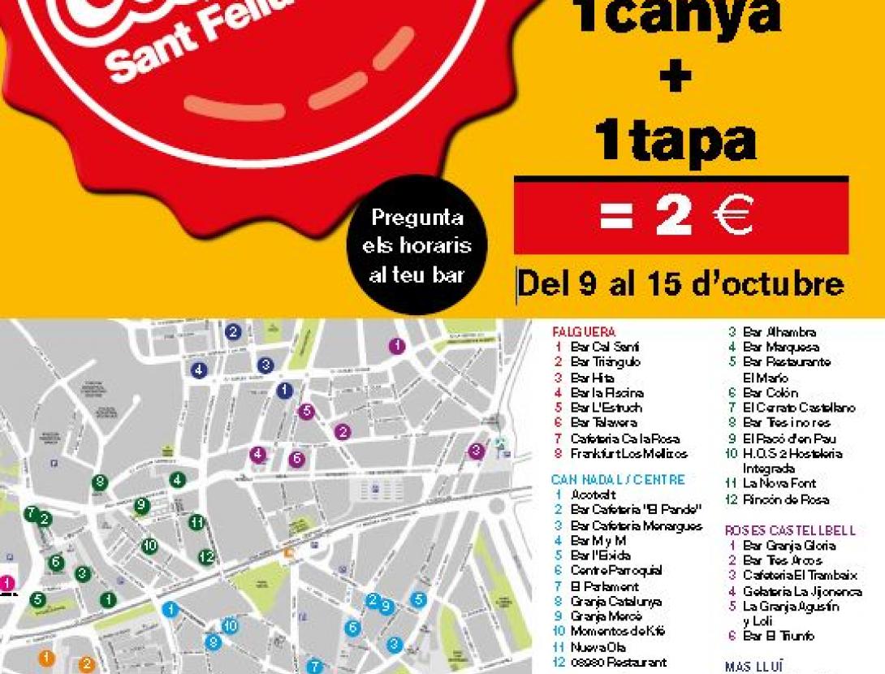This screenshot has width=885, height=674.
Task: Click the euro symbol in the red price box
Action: [x=734, y=215]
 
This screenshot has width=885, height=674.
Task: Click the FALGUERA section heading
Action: [x=584, y=332]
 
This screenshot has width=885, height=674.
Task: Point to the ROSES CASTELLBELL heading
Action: [x=790, y=531]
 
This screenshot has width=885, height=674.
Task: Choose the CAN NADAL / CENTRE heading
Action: [x=618, y=480]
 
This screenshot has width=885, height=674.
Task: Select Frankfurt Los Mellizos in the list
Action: [x=628, y=454]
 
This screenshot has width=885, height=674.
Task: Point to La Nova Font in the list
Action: [x=779, y=484]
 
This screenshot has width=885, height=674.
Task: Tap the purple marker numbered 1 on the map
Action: [x=397, y=346]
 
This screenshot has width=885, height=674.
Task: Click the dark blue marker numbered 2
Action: [x=233, y=331]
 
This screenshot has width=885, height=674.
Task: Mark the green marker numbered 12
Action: [x=207, y=557]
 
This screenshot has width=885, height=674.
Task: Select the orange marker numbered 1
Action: [x=46, y=657]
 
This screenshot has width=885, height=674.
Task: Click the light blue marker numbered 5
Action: [x=418, y=600]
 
